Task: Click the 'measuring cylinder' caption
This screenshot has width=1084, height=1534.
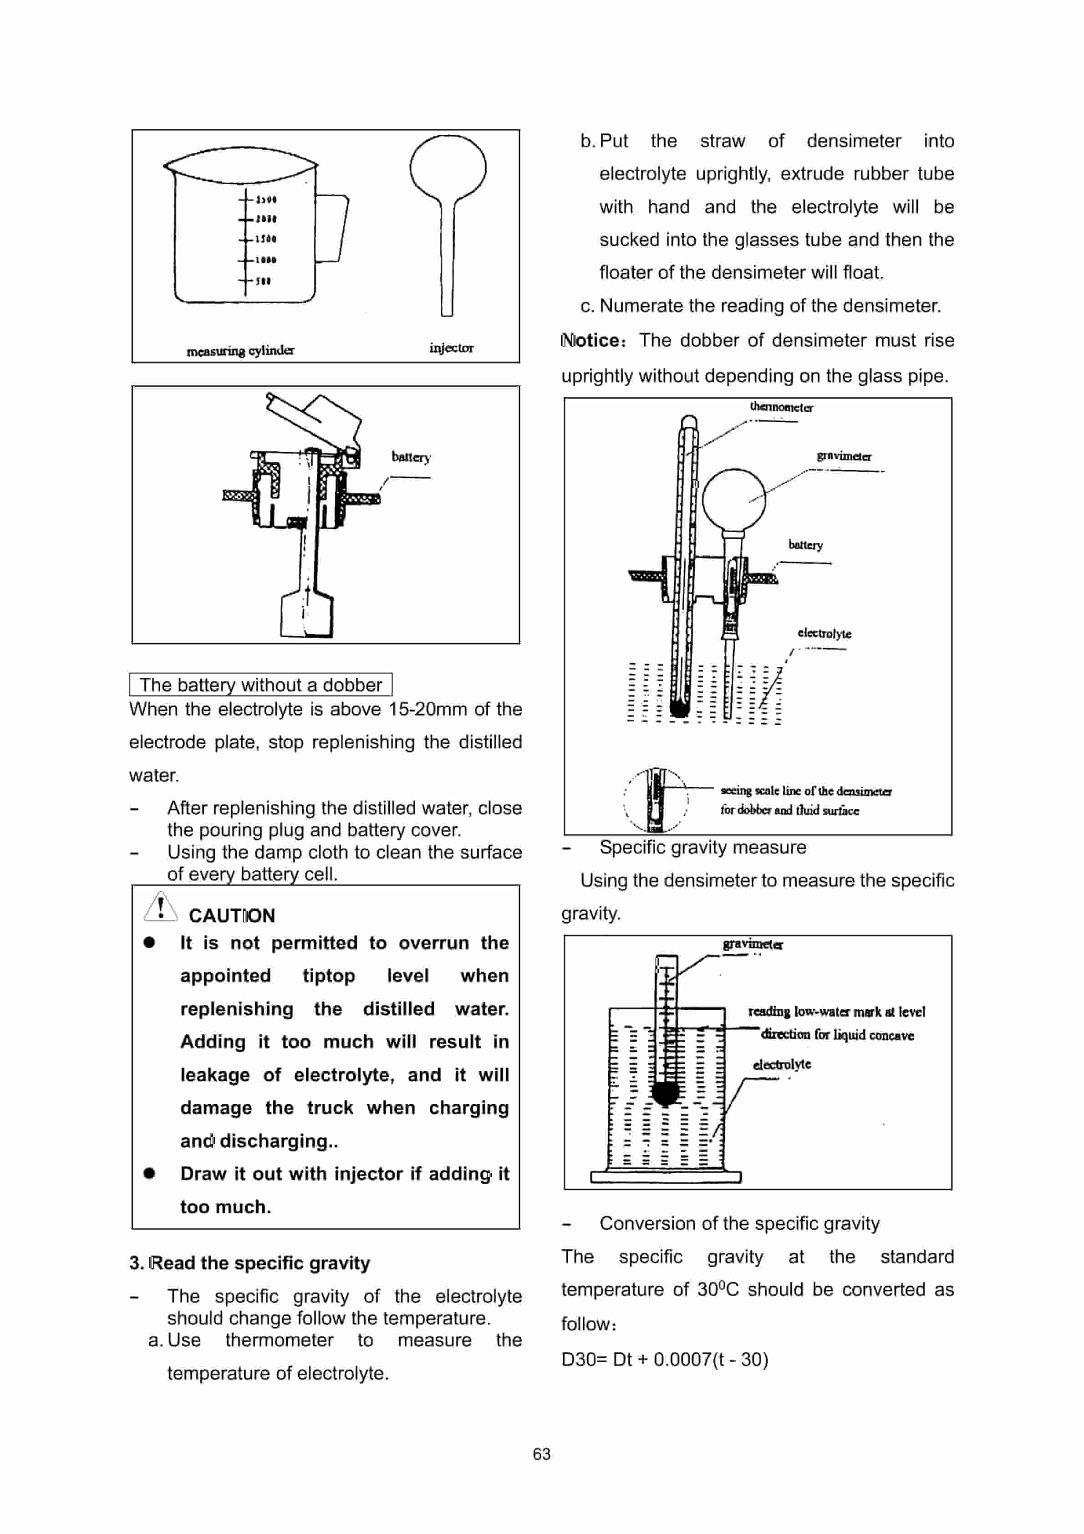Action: coord(240,350)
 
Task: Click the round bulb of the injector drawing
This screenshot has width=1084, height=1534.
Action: coord(448,167)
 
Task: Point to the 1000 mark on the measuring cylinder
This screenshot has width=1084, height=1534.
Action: coord(265,260)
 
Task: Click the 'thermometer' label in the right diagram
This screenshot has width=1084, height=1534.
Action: coord(781,407)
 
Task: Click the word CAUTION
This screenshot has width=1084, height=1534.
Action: coord(232,915)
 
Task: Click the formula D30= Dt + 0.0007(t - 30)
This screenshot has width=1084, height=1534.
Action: coord(665,1359)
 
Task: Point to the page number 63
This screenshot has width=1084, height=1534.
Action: coord(542,1454)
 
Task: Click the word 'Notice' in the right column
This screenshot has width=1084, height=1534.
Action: coord(592,340)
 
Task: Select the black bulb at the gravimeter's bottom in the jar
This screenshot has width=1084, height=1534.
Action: coord(665,1093)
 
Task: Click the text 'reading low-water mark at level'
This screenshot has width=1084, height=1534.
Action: coord(836,1012)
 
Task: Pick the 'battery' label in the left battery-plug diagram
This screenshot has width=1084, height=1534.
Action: coord(411,457)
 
